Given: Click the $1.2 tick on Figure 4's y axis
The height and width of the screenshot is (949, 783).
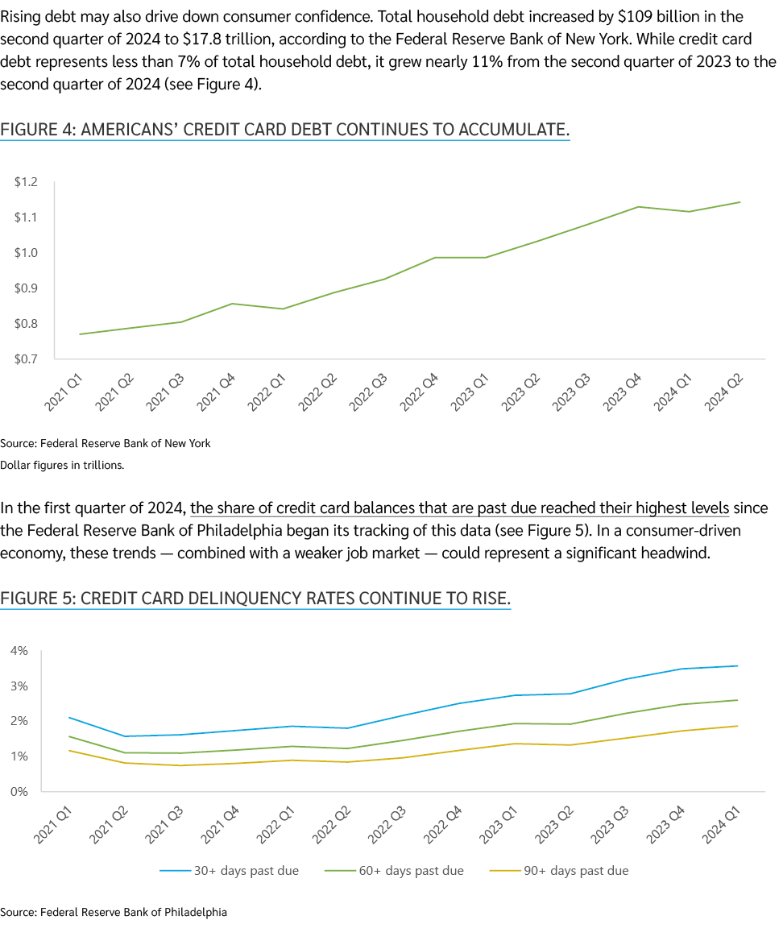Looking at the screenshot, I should click(26, 183).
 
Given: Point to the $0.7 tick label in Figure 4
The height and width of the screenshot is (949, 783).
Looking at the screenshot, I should click(26, 359).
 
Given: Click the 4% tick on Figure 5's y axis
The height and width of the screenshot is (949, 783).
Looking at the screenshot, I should click(19, 651).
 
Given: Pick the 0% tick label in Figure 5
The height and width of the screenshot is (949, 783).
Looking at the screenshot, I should click(19, 792).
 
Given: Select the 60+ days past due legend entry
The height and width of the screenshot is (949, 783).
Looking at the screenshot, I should click(394, 871).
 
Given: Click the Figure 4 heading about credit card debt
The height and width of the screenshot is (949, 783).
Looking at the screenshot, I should click(285, 129).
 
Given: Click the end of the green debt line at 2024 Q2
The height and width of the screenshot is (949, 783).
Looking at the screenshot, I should click(740, 202).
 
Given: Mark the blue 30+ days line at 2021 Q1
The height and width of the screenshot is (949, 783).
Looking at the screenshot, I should click(69, 717).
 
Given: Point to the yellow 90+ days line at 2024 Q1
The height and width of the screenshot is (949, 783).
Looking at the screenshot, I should click(737, 726).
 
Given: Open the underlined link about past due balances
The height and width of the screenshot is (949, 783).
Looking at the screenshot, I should click(460, 508).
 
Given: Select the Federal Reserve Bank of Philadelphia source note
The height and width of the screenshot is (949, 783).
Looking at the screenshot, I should click(114, 913).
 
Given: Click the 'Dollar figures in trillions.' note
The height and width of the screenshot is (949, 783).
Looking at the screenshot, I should click(62, 465).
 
